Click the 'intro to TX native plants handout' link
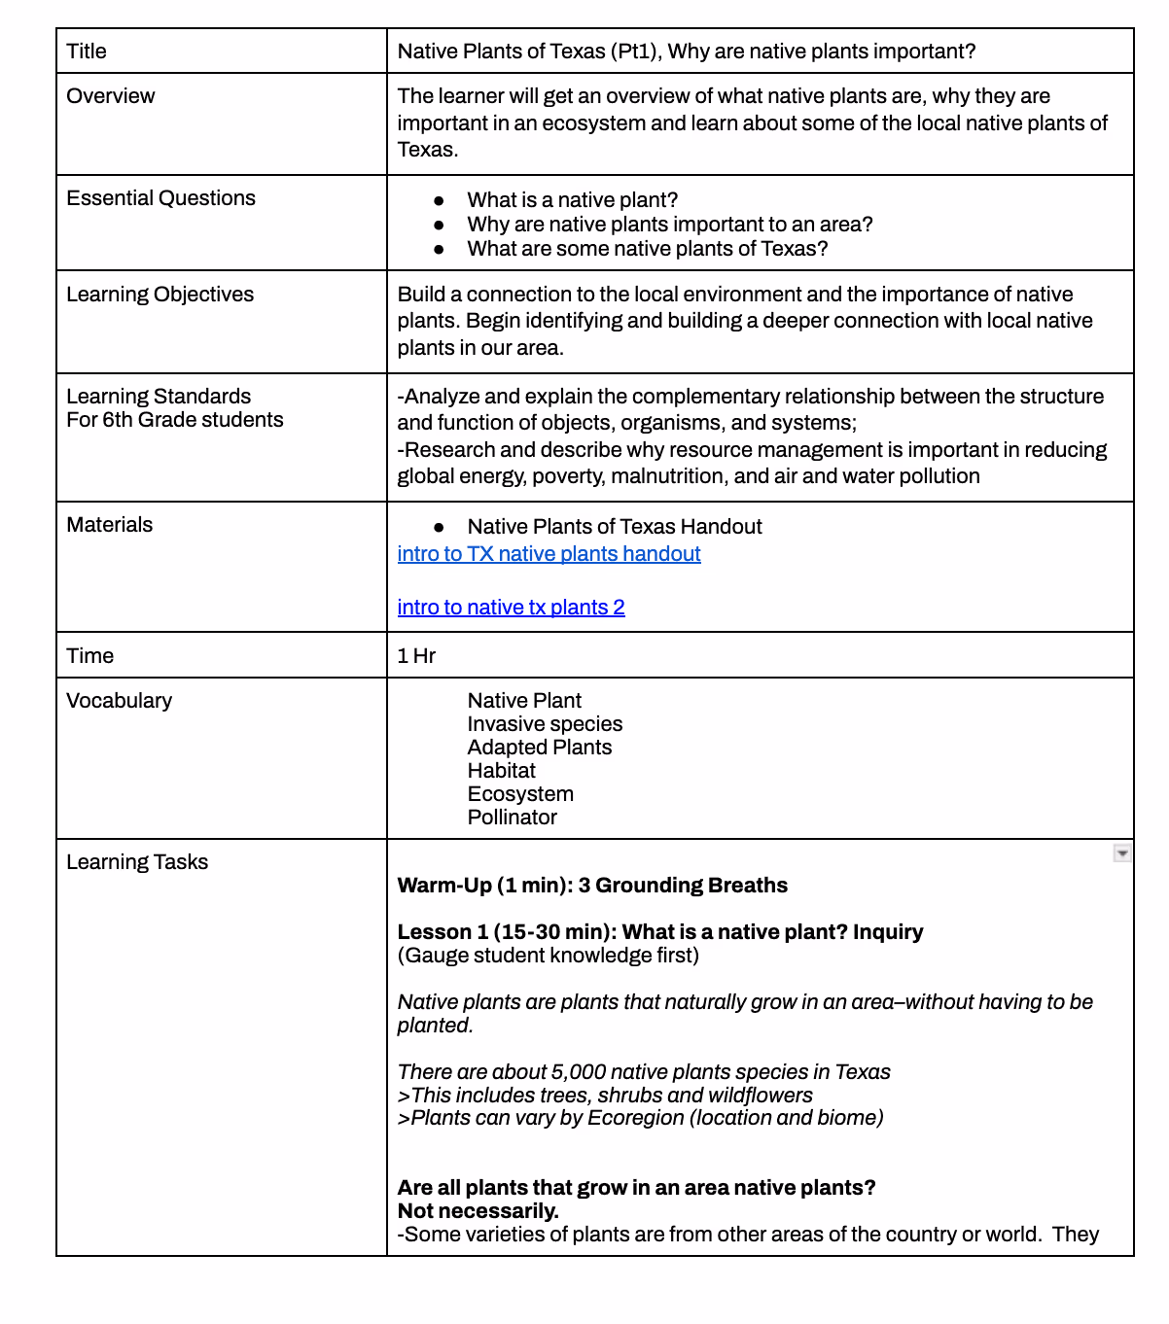549,554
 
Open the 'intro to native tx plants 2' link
511,608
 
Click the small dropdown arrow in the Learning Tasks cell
1122,854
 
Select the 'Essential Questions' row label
160,198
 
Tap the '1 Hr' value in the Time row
416,656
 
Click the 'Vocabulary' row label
119,701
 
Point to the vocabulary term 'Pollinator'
512,818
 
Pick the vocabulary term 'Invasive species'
545,724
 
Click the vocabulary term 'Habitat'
501,771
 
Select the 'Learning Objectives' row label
159,295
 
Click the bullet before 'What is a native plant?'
440,200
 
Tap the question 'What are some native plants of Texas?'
647,249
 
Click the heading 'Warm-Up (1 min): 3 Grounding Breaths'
592,886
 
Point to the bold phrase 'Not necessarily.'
478,1211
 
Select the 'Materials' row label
109,525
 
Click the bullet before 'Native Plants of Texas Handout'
440,527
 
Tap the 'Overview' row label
110,96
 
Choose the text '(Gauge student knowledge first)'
548,956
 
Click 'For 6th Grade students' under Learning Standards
175,420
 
